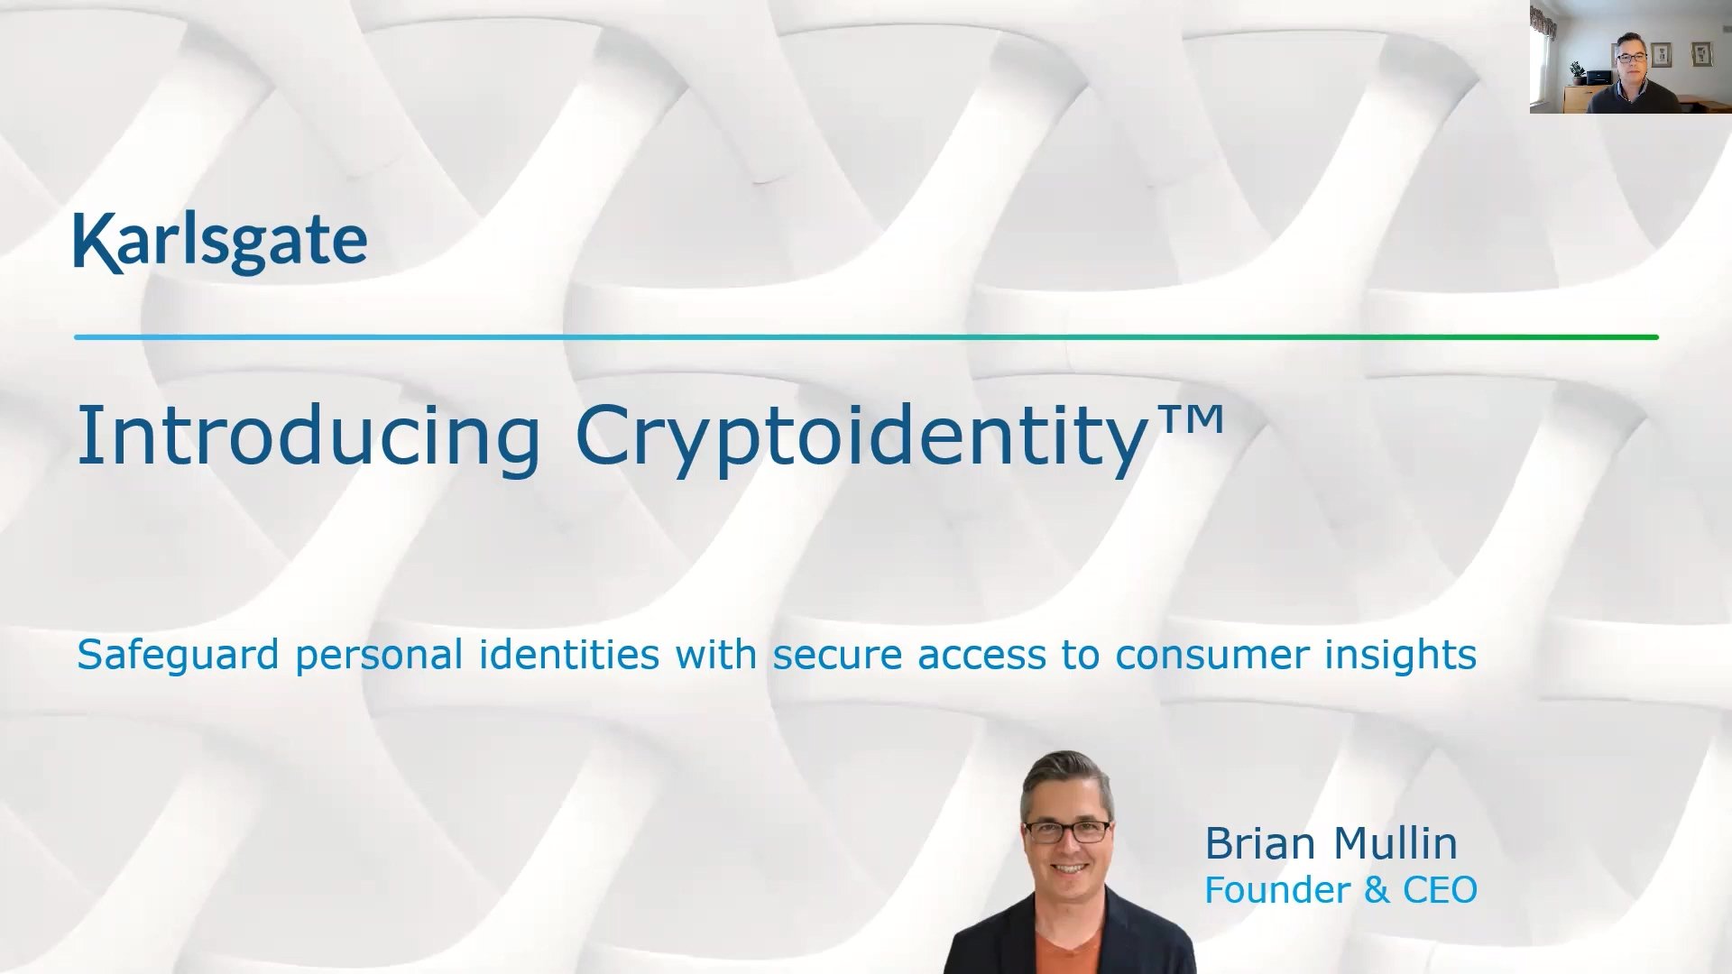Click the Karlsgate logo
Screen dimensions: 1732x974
click(220, 242)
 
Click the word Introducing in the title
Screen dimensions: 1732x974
click(309, 436)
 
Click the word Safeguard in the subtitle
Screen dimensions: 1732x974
click(178, 656)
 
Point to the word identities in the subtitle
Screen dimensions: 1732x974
click(568, 654)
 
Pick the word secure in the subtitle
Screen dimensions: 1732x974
click(837, 656)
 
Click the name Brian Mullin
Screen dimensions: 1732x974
click(1331, 844)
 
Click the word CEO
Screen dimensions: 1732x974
click(1439, 890)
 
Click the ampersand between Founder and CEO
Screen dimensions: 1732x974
click(1377, 890)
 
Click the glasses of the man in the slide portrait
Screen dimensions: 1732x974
click(1067, 832)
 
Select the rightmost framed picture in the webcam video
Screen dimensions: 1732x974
click(1701, 54)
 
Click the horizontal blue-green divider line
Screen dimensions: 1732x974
click(866, 337)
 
